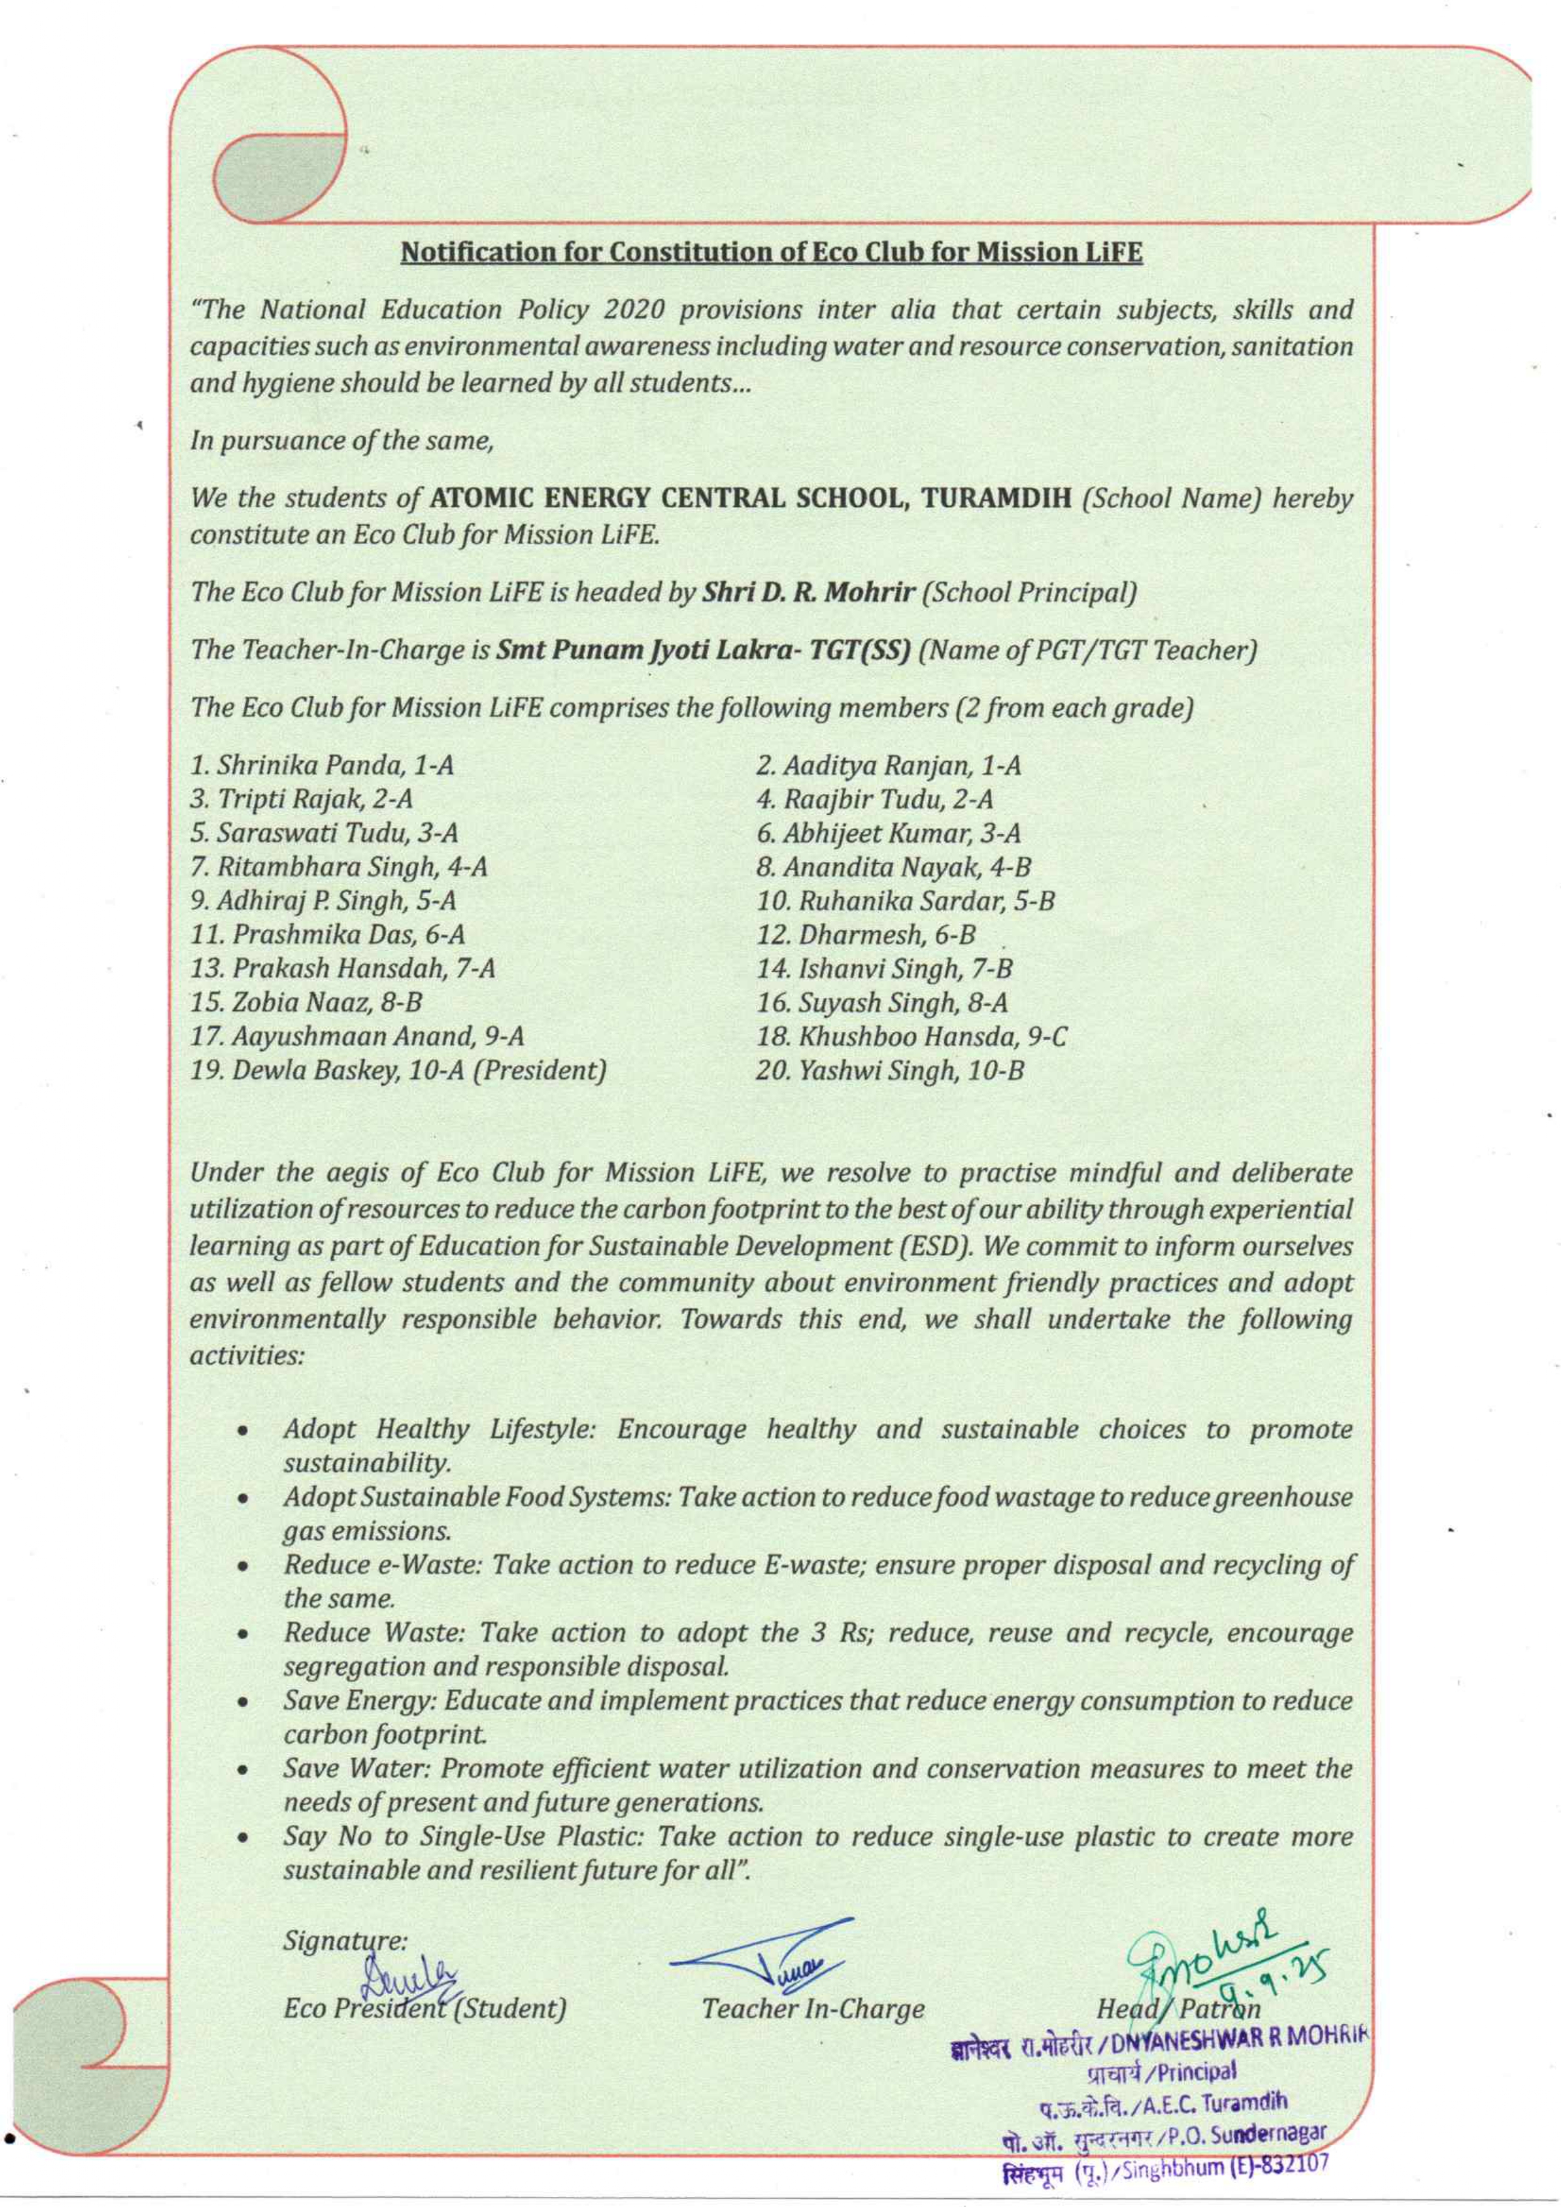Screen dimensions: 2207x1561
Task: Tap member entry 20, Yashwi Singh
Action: [x=889, y=1069]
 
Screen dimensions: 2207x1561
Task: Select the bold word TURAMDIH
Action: [x=997, y=499]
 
